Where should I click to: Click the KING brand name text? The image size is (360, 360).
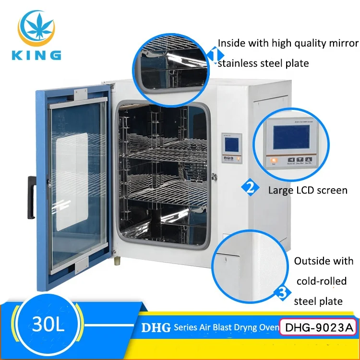[38, 54]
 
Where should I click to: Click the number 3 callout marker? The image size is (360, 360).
[283, 292]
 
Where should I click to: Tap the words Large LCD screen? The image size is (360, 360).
[308, 191]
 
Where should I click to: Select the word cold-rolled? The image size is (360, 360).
[321, 281]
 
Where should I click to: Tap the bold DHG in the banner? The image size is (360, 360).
[156, 328]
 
